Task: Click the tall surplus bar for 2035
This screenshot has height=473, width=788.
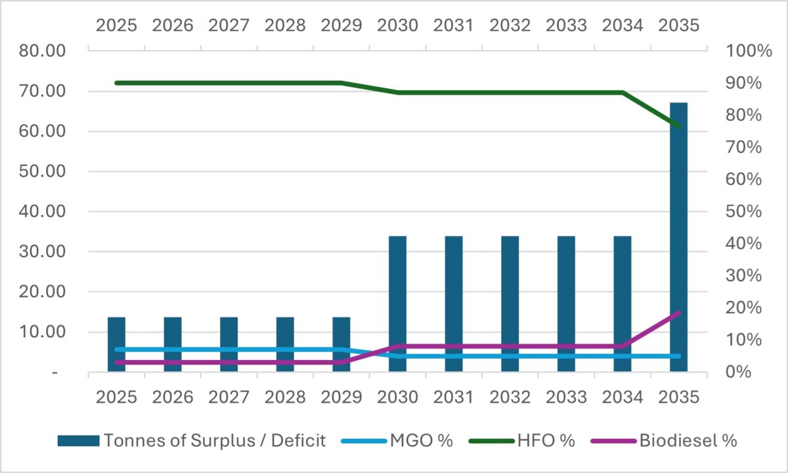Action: pos(678,236)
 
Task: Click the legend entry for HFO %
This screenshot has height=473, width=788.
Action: pos(523,440)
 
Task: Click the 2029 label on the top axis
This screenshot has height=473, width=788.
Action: pos(341,25)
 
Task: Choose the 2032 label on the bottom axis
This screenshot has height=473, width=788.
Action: pos(510,397)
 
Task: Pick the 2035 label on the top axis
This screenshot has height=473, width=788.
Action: pos(678,25)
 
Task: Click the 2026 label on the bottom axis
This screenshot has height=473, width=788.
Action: pos(173,397)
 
